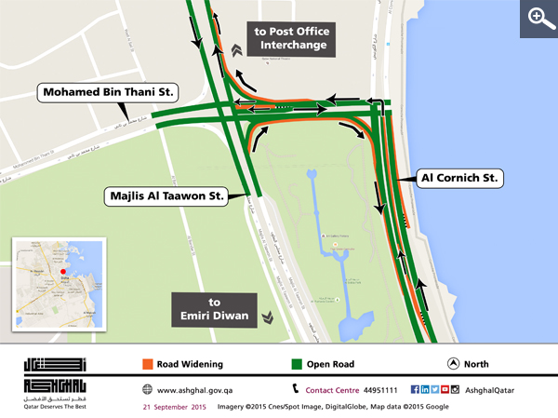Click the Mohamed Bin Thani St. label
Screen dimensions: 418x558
point(109,92)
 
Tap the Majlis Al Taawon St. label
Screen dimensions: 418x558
point(166,196)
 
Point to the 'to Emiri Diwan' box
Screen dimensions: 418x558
point(213,309)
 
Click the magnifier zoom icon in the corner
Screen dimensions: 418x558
point(538,18)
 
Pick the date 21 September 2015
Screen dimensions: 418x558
point(174,408)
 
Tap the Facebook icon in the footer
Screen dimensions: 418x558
point(414,389)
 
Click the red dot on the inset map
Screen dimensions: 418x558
point(63,273)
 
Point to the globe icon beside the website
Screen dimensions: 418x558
point(148,389)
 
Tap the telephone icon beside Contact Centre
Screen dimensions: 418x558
point(297,389)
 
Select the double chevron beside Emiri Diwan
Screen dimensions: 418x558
point(268,317)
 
